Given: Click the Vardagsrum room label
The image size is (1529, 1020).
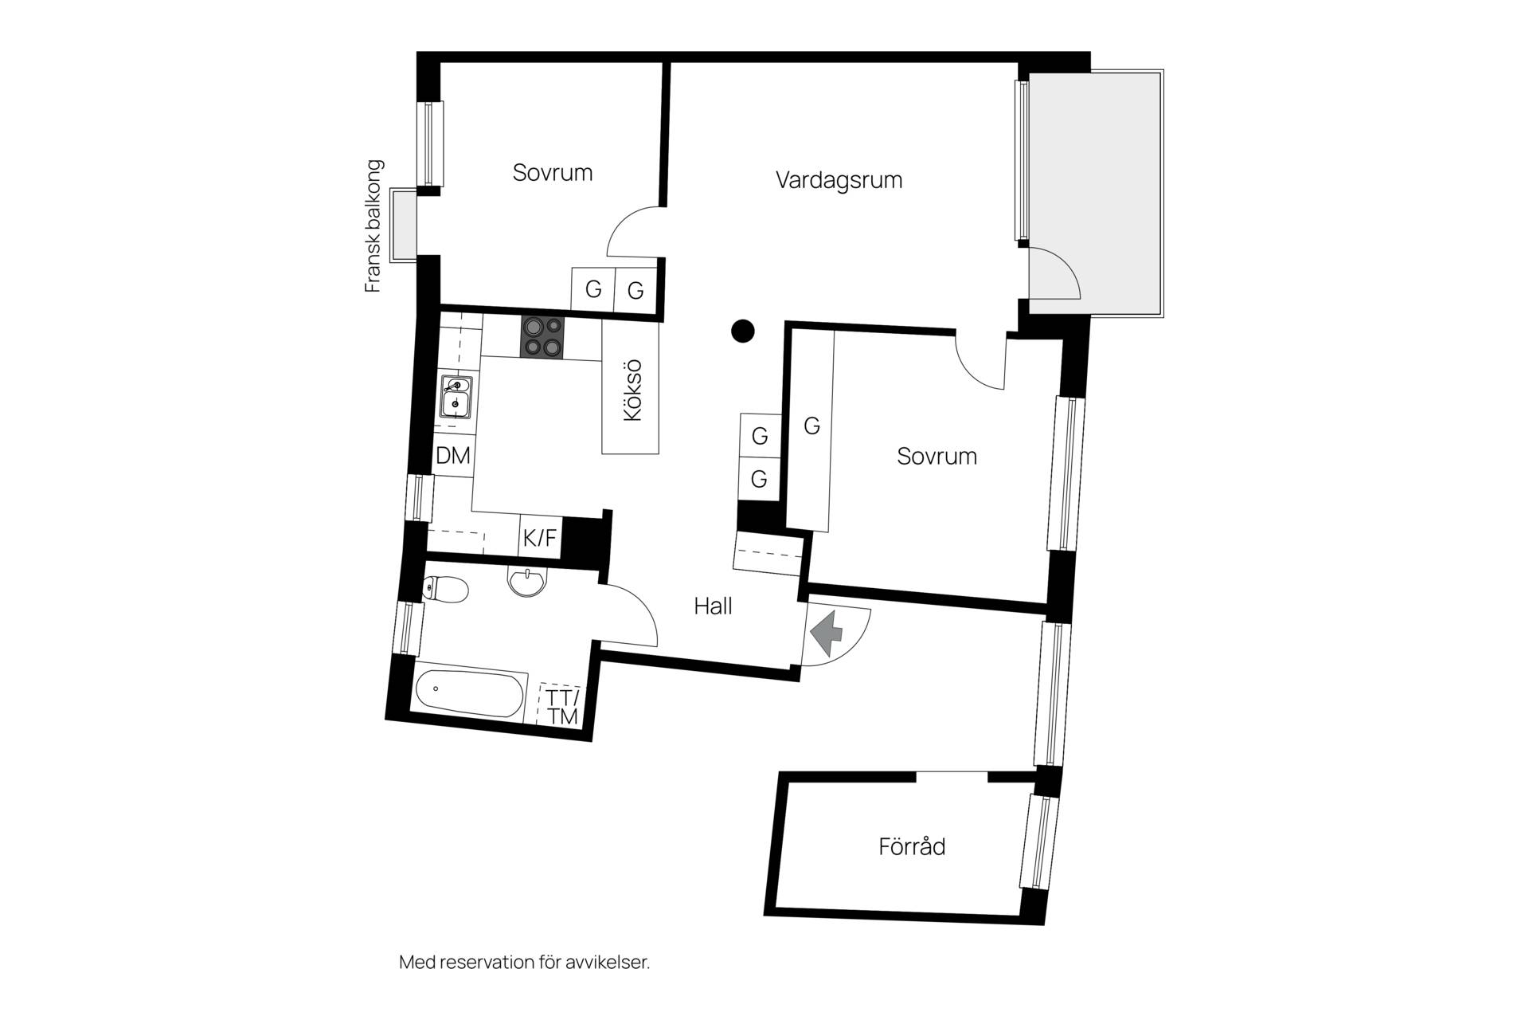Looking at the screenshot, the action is coord(839,180).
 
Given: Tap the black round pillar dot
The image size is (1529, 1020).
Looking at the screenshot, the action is coord(742,330).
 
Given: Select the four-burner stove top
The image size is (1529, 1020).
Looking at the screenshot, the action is coord(542,337).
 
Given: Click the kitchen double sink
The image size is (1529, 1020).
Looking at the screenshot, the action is coord(456,397).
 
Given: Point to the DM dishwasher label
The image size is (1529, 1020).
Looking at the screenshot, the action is coord(453,456).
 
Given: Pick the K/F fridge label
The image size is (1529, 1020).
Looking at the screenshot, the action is coord(540,538).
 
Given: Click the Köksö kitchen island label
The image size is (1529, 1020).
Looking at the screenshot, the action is coord(632,390).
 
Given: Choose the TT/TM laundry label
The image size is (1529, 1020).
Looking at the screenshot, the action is coord(562,706).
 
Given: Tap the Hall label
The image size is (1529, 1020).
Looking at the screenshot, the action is coord(713,606).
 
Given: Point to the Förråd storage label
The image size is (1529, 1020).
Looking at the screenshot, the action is coord(912,845).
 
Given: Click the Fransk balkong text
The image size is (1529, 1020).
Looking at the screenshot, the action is coord(373,226).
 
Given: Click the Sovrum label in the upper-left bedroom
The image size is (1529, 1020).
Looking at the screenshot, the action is coord(553,173).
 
